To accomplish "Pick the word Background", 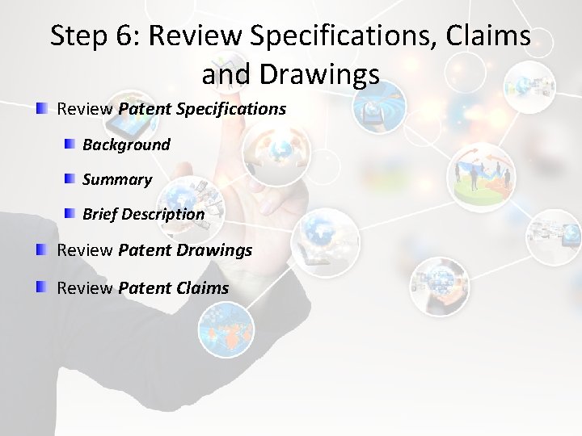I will point(126,145).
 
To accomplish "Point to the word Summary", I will point(117,179).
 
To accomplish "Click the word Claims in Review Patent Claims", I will point(203,287).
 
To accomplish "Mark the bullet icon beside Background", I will point(70,144).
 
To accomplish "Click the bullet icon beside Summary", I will point(70,178).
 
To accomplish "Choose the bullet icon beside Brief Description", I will point(70,213).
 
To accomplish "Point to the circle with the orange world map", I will point(226,329).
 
